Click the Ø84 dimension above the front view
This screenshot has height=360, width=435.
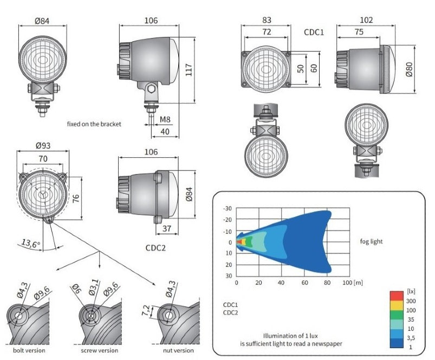coord(42,21)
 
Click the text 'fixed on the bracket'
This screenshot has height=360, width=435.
coord(94,124)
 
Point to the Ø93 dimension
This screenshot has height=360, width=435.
coord(42,146)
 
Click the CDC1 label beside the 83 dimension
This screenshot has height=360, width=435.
coord(314,32)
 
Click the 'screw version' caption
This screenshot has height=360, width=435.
coord(99,350)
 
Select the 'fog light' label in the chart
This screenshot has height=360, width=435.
coord(371,241)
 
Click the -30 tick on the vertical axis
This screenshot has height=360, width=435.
coord(228,208)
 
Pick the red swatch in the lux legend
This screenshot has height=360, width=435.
coord(396,295)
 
